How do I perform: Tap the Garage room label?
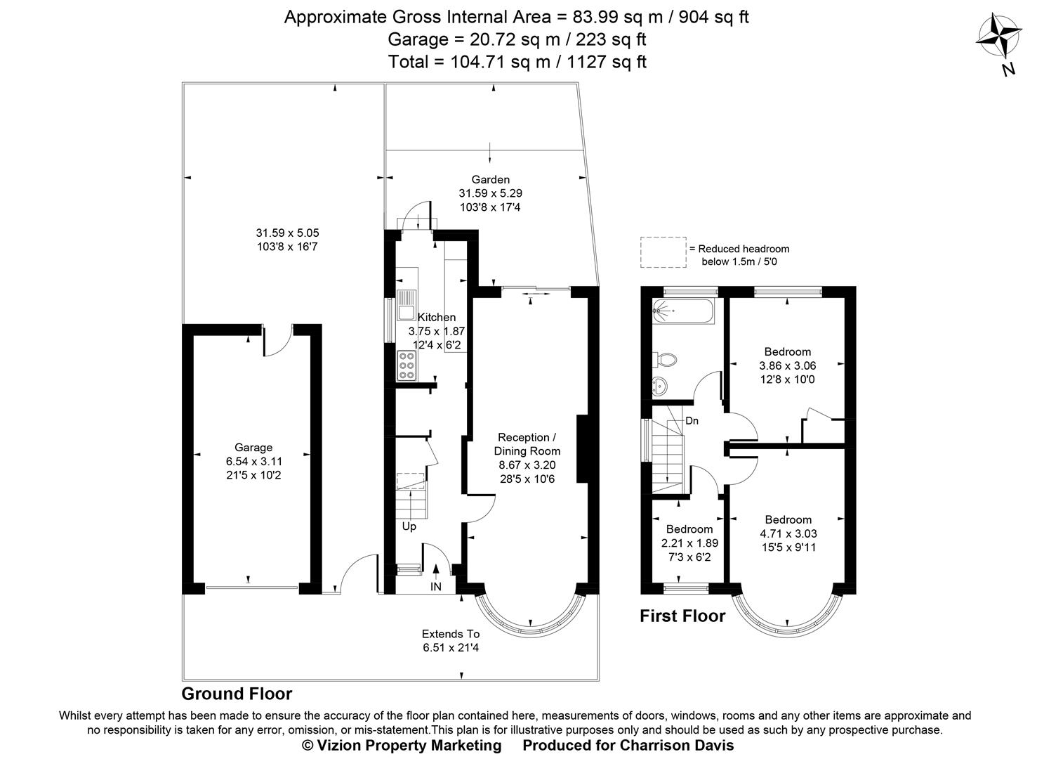pos(253,448)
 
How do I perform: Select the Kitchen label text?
pos(437,318)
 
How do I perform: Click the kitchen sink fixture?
pos(407,306)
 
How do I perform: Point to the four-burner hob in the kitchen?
pos(407,365)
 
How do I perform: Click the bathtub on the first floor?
pos(683,310)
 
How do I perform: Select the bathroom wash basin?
pos(660,385)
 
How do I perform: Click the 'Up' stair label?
pos(409,526)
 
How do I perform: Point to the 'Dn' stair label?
pos(692,421)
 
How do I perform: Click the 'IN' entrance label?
pos(436,587)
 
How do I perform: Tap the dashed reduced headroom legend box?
pos(663,252)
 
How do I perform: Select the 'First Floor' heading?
pos(682,616)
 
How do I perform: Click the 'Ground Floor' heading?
pos(237,694)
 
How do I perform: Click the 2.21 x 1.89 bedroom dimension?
pos(689,543)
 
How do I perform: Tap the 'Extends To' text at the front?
pos(451,634)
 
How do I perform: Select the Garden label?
pos(490,180)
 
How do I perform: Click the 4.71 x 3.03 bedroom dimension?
pos(788,533)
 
